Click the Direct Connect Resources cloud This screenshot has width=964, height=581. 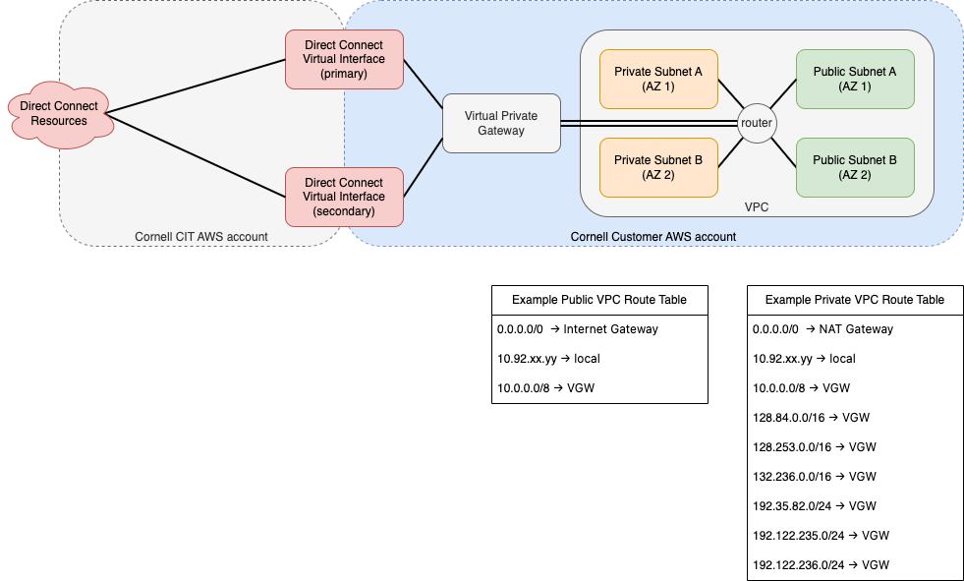(60, 114)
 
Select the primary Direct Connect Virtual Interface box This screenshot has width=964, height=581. (344, 60)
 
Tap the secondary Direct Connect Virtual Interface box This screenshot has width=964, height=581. (344, 197)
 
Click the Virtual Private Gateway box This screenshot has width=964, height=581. (502, 123)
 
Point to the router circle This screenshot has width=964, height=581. (757, 123)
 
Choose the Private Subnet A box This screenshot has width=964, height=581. (658, 80)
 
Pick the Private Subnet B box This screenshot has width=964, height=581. (658, 168)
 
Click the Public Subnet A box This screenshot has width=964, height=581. (855, 80)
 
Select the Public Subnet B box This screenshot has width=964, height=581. (855, 168)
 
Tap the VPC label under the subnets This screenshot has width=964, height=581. (757, 207)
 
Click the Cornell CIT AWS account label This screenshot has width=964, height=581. (201, 237)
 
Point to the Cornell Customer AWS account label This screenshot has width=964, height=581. (652, 237)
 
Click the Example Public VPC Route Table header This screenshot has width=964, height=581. (599, 300)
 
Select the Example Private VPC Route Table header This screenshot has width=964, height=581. (855, 300)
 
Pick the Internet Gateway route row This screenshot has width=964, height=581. (578, 329)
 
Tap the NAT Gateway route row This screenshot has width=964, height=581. (822, 329)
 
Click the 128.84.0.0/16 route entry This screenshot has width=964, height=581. (812, 418)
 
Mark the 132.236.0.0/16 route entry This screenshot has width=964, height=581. (815, 477)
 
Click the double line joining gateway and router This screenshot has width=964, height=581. (650, 123)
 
